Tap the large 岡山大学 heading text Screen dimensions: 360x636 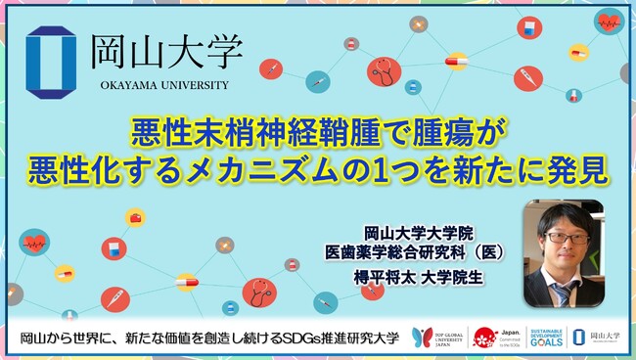tap(165, 53)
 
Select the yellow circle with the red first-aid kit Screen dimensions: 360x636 tap(135, 217)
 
